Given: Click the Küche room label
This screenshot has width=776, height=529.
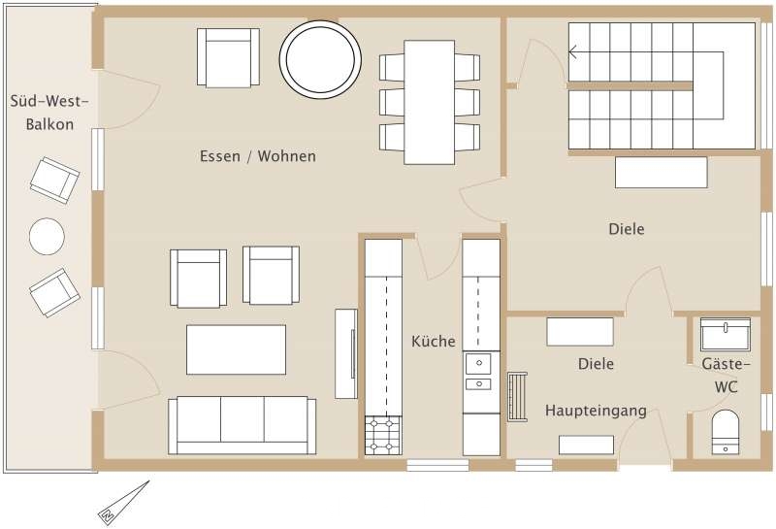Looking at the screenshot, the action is (x=434, y=342).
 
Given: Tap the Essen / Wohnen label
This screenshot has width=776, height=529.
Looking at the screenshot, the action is (x=258, y=156).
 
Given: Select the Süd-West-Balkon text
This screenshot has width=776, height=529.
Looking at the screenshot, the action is (x=49, y=113).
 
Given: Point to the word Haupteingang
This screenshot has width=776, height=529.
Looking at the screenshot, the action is (x=596, y=411).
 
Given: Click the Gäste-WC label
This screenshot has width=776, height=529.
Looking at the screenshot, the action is (x=726, y=376).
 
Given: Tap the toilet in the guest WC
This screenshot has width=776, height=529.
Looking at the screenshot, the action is (x=726, y=431).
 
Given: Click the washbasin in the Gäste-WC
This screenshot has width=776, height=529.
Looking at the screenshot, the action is (x=726, y=334).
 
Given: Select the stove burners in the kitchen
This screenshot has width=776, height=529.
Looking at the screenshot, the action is (x=383, y=436).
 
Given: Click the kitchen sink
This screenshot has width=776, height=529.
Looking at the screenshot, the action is (x=478, y=371).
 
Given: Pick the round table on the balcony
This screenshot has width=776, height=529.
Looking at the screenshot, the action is (x=47, y=236).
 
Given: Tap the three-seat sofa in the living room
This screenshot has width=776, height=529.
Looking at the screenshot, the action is (x=242, y=425).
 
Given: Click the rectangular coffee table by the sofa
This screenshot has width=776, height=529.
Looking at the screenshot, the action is (x=236, y=349).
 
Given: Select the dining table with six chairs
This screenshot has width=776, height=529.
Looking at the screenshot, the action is (x=429, y=102).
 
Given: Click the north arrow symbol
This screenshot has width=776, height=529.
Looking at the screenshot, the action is (x=124, y=501).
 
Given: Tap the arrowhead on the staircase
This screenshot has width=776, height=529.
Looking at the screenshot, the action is (x=572, y=51).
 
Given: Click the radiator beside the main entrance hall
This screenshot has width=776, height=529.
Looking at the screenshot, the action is (x=517, y=397).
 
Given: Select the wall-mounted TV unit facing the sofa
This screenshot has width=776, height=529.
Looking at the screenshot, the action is (x=346, y=353).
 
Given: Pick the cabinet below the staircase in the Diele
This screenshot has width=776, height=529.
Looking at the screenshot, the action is (x=662, y=173).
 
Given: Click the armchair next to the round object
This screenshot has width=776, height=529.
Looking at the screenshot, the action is (x=228, y=57).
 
